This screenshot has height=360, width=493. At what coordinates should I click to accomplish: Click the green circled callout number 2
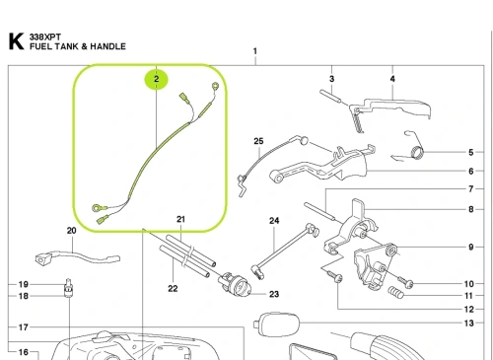pos(156,79)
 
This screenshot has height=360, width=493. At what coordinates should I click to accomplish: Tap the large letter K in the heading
pos(16,41)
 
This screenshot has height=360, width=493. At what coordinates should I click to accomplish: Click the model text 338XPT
pos(45,36)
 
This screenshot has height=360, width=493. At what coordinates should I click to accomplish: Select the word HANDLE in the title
pos(107,46)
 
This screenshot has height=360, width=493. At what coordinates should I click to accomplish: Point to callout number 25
pos(258,141)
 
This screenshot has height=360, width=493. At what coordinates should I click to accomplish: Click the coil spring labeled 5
pos(417,152)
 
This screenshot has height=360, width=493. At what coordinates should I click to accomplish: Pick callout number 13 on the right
pos(469,324)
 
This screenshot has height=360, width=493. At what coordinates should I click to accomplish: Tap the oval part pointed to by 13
pos(277,324)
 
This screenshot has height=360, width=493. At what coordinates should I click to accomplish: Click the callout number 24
pos(274,221)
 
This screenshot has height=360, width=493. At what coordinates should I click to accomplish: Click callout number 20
pos(72,231)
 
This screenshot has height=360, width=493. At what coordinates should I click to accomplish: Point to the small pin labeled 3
pos(332,96)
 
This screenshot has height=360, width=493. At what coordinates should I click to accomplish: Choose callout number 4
pos(392,79)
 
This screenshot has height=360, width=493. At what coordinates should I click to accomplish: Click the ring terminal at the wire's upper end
pos(215,87)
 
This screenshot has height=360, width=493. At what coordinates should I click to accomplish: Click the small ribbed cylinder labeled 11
pos(395,292)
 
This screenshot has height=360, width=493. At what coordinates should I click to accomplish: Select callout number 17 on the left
pos(23,327)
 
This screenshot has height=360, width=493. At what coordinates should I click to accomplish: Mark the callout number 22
pos(173,289)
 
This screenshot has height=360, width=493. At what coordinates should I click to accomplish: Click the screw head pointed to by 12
pos(338,279)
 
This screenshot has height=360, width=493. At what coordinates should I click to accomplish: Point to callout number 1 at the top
pos(255,51)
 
